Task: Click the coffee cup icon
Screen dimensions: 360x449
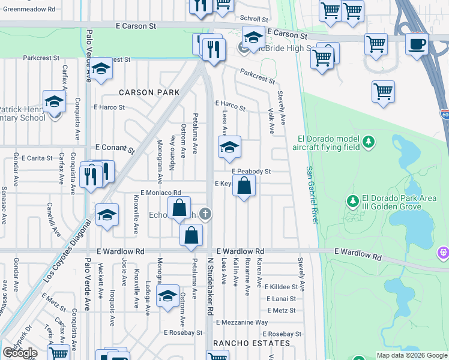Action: (416, 43)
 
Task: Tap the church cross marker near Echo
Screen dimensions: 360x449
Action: (205, 214)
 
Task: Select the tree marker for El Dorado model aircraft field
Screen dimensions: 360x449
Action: (369, 142)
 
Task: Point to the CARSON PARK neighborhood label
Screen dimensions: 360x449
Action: (149, 92)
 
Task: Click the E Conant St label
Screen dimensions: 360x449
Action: (115, 147)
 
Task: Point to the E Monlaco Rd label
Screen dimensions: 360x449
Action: (157, 193)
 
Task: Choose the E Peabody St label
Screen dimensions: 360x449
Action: (251, 171)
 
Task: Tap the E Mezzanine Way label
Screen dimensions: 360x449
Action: (240, 322)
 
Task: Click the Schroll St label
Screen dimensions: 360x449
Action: (253, 19)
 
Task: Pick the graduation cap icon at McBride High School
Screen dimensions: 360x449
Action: (253, 37)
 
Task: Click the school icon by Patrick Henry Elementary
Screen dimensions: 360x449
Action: (54, 101)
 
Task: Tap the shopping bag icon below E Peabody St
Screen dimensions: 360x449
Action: (244, 186)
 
